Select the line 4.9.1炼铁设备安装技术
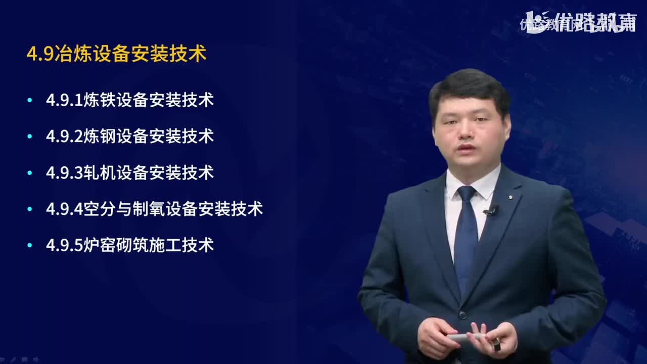130,100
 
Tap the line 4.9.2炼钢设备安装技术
130,136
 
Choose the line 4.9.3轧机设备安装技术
130,173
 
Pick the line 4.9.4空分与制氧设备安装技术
154,209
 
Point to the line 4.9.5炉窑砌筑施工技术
130,245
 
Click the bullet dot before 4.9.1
30,100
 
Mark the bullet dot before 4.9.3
30,173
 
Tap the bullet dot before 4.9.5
30,246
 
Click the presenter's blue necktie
466,238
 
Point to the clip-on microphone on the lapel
490,211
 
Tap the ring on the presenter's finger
496,345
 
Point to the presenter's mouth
467,148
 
